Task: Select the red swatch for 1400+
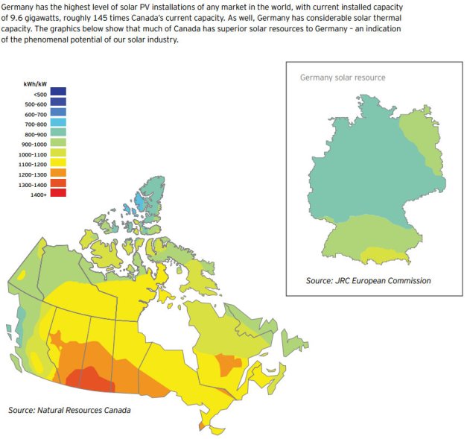[59, 193]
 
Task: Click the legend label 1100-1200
[34, 162]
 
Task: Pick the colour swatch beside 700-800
[59, 122]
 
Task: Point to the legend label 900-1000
[34, 142]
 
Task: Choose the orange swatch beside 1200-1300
[59, 173]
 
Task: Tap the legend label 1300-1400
[34, 183]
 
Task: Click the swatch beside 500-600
[59, 102]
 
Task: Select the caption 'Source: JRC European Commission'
[368, 281]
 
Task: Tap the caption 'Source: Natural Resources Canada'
[69, 411]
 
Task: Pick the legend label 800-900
[34, 132]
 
